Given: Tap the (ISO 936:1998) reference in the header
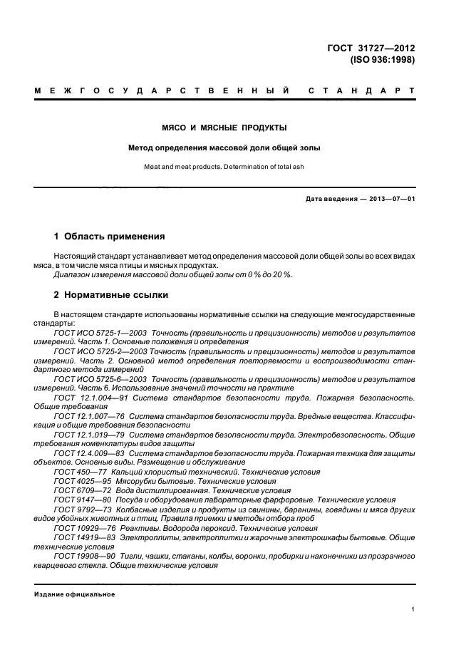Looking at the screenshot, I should coord(382,61).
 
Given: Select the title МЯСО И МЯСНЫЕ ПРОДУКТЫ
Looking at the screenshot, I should coord(224,128).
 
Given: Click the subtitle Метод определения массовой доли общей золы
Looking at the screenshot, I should coord(224,148).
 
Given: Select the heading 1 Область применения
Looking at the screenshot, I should coord(110,236).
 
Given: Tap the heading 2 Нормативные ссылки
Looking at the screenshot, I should coord(111,294).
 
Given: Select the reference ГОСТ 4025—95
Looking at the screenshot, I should coord(81,481).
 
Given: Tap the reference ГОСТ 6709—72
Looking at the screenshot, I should coord(81,490).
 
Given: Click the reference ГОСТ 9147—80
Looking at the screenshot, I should coord(81,500).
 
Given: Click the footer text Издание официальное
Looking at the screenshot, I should coord(75,593).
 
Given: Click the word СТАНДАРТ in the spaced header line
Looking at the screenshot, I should coord(361,92).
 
